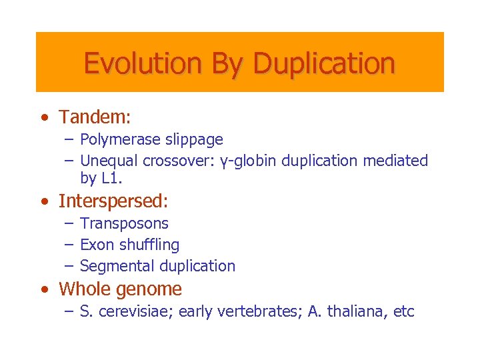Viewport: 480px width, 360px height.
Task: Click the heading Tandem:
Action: tap(95, 117)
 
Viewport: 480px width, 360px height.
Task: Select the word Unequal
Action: tap(107, 161)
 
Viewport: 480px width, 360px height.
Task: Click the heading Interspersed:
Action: tap(113, 201)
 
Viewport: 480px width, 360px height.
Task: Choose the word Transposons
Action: tap(124, 223)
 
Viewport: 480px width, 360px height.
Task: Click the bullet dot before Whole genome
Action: tap(44, 289)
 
